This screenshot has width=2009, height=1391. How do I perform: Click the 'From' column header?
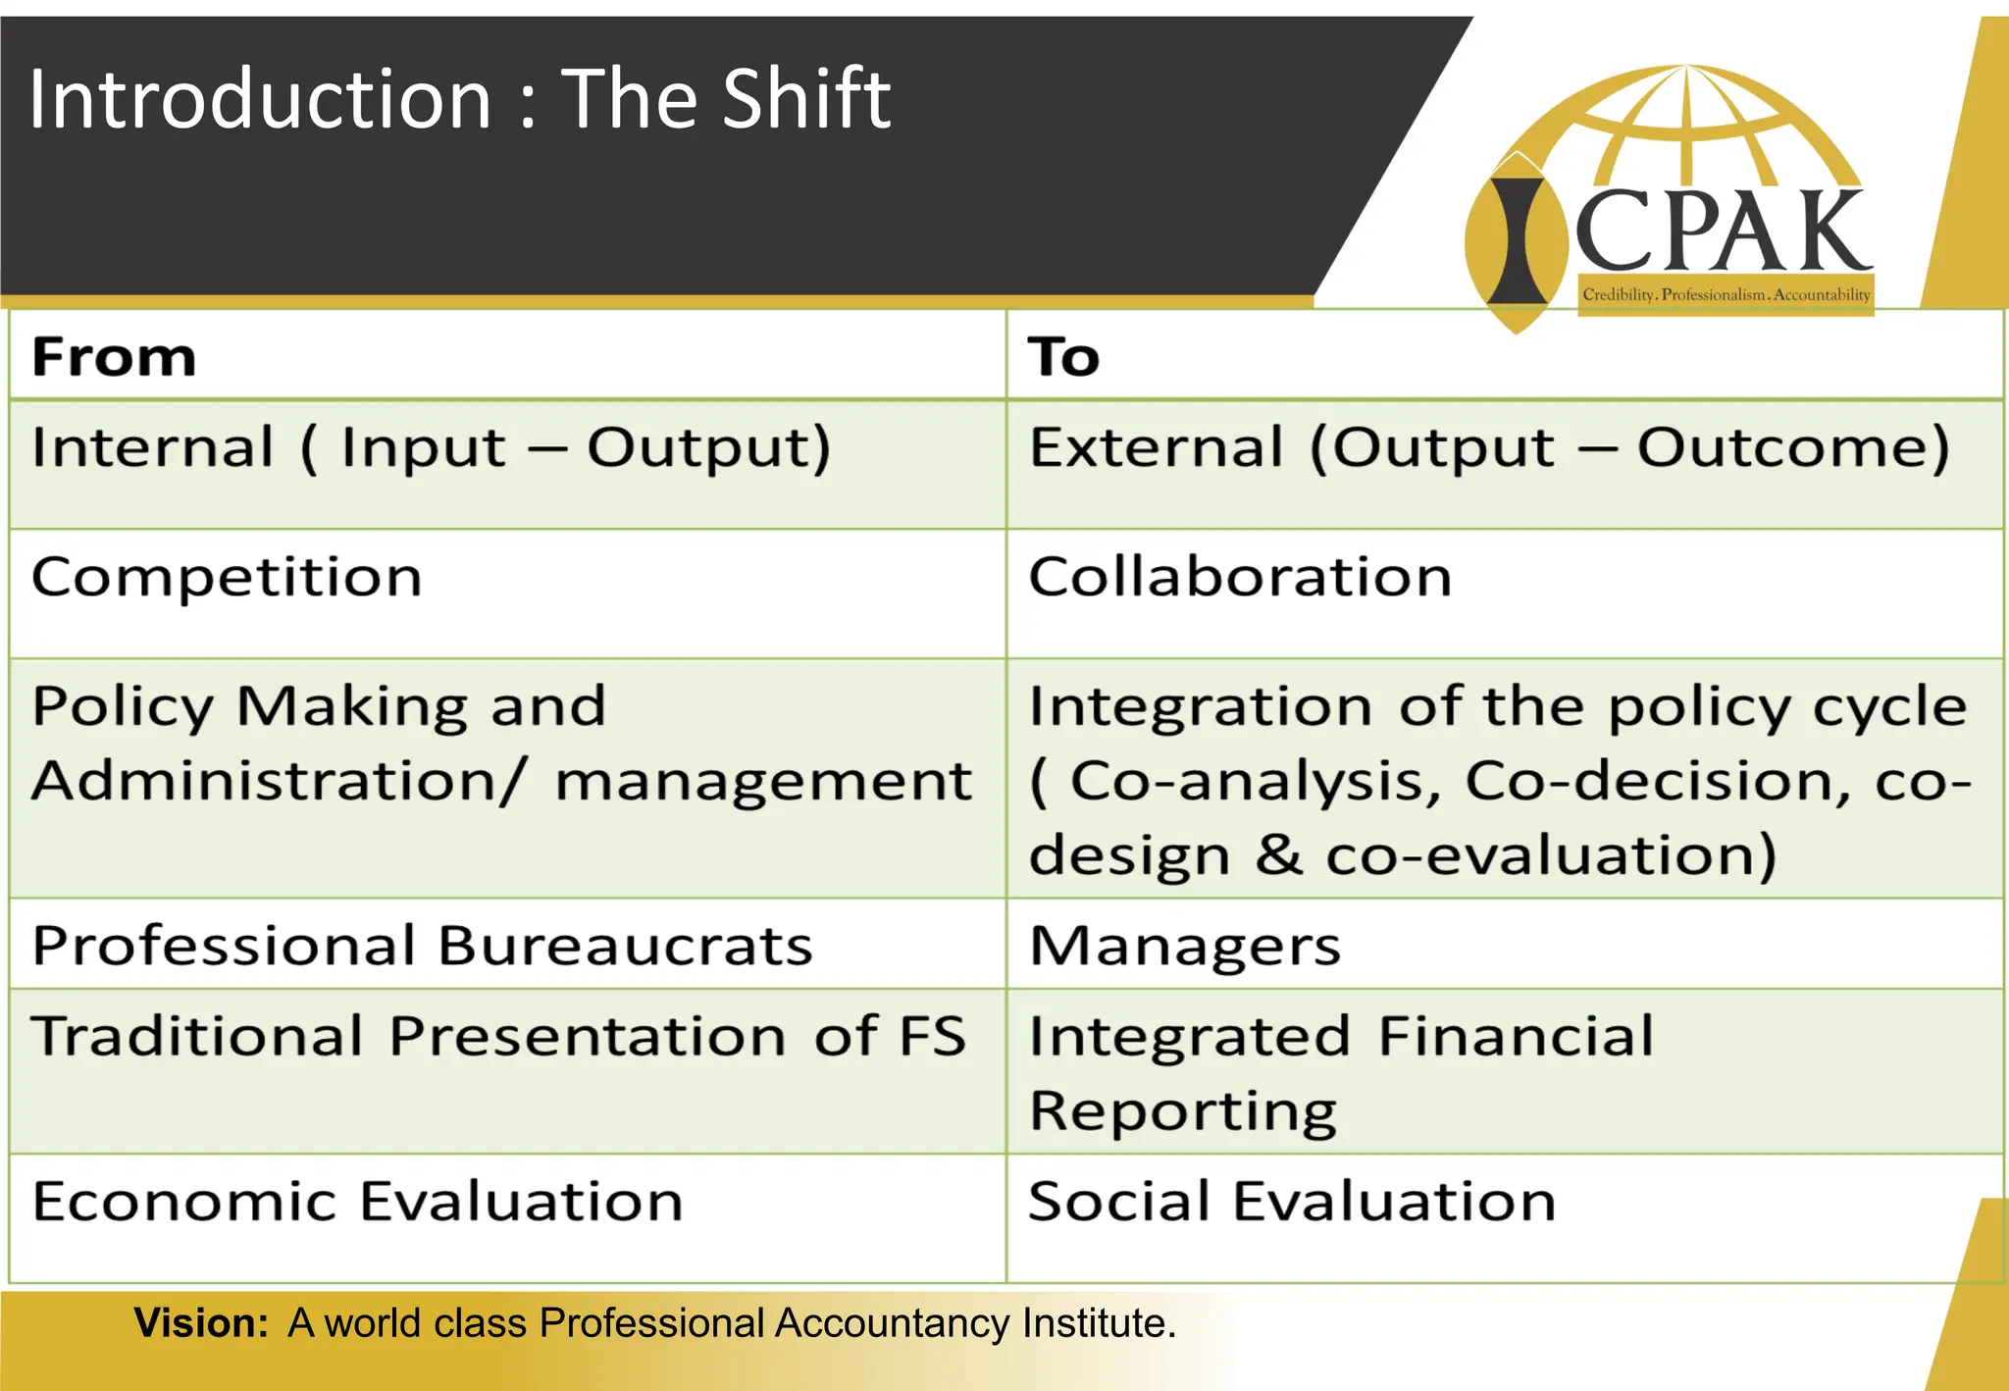click(114, 356)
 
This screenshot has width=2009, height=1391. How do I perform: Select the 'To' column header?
click(1063, 356)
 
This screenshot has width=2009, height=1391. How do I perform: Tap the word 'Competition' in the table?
click(227, 577)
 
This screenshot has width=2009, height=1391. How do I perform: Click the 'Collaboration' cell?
click(1240, 577)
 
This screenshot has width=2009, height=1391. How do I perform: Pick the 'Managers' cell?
click(1185, 947)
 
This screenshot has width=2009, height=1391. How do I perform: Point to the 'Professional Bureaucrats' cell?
click(422, 947)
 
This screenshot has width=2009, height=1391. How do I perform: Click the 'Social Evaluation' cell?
click(1292, 1202)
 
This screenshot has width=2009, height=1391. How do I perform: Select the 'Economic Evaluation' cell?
click(357, 1202)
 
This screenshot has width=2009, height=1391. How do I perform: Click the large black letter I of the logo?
click(1517, 241)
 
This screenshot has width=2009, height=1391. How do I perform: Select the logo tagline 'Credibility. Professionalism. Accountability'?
click(1726, 295)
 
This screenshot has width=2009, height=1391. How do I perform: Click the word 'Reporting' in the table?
click(1183, 1111)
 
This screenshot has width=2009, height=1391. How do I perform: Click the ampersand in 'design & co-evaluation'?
click(1279, 854)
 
